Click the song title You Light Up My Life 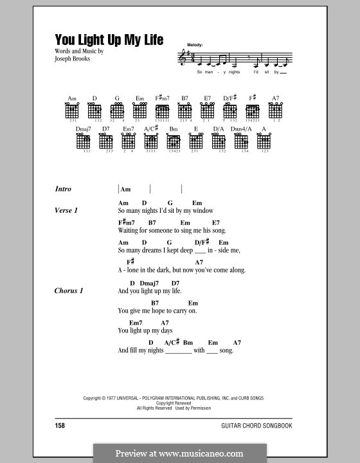click(109, 39)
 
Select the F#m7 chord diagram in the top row click(162, 111)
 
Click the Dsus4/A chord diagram click(242, 141)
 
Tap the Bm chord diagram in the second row click(174, 141)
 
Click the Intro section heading click(64, 189)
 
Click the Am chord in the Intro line click(126, 190)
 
